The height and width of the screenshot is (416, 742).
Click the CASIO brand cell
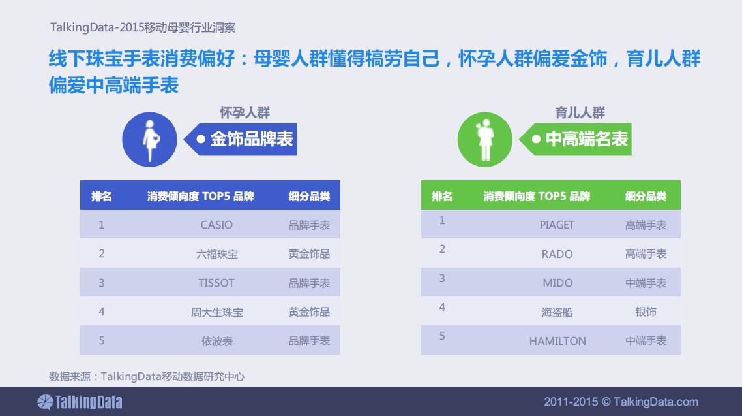216,225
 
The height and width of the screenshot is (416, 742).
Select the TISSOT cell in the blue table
216,283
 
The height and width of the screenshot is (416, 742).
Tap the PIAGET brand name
557,225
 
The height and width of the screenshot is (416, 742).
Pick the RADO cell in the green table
557,254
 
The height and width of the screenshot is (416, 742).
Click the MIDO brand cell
557,283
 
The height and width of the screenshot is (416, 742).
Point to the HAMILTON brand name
557,341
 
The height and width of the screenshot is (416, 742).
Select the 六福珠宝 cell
216,255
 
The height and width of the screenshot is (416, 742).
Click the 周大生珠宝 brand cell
216,312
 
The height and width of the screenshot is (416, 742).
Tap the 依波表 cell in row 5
216,341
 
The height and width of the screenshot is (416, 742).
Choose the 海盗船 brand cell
557,312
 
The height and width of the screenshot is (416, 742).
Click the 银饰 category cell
646,312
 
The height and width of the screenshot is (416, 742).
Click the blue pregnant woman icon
149,139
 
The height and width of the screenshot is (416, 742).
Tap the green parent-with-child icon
484,139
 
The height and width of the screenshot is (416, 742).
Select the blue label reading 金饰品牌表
241,139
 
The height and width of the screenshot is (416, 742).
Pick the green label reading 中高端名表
576,139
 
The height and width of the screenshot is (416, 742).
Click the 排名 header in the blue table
101,196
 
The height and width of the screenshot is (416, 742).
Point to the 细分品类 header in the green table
646,196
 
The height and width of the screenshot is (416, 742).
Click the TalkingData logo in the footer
80,402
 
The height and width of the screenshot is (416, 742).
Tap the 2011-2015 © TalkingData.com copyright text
621,402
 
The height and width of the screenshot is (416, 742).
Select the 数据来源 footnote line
147,377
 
